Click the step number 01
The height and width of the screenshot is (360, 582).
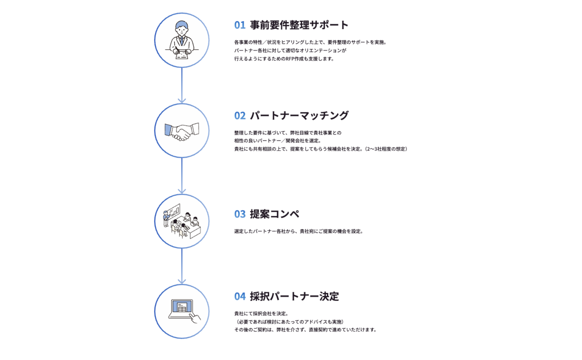click(240, 25)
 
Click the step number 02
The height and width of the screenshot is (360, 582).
click(240, 116)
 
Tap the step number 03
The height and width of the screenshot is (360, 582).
click(240, 214)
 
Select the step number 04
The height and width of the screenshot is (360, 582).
click(240, 297)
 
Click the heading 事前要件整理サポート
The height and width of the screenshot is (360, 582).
click(299, 25)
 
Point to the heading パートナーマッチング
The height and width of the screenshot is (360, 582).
click(299, 116)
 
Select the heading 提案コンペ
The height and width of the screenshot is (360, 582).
click(274, 214)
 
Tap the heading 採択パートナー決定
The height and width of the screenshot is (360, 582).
click(294, 297)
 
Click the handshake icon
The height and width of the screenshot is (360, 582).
click(182, 131)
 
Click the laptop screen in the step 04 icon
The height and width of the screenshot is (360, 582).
click(182, 307)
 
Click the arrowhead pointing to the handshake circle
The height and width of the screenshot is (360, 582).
click(182, 100)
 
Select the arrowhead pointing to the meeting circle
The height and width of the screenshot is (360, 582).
click(182, 191)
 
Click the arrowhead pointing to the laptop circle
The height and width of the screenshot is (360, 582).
click(182, 281)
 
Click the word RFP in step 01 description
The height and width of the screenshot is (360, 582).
click(290, 59)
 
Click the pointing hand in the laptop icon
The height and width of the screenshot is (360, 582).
click(196, 318)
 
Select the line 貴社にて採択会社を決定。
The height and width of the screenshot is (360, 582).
click(261, 314)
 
